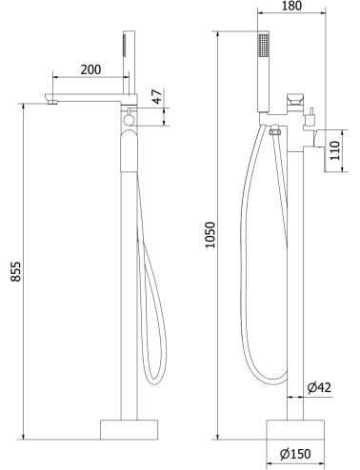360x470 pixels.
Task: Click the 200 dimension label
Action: pos(90,69)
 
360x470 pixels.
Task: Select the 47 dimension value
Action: pos(158,96)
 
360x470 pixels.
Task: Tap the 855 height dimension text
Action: pos(15,271)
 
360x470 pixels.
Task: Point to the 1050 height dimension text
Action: pos(210,235)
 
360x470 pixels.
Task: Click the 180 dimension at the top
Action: pos(291,6)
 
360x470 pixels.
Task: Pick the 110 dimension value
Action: pos(334,150)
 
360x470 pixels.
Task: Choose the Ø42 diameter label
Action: pos(319,387)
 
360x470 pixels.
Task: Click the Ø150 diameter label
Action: pos(295,454)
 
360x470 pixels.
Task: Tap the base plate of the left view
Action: pos(129,430)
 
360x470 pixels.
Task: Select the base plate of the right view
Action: pos(295,430)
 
